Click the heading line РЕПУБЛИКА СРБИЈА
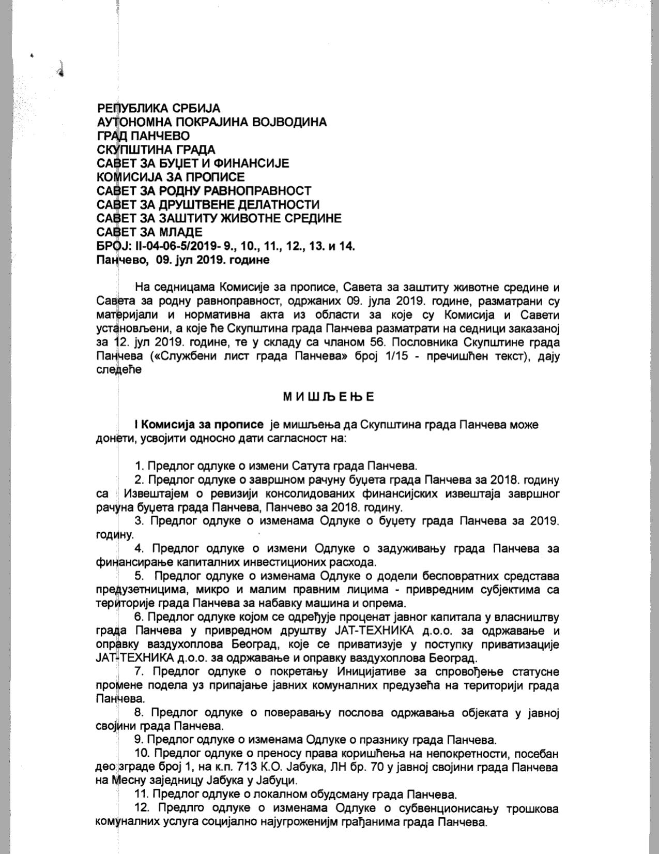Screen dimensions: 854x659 tap(158, 109)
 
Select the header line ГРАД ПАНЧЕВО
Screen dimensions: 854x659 tap(143, 136)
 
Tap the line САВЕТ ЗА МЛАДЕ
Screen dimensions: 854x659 tap(149, 232)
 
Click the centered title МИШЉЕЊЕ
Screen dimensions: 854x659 tap(329, 397)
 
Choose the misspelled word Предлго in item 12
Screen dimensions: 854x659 tap(179, 808)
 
